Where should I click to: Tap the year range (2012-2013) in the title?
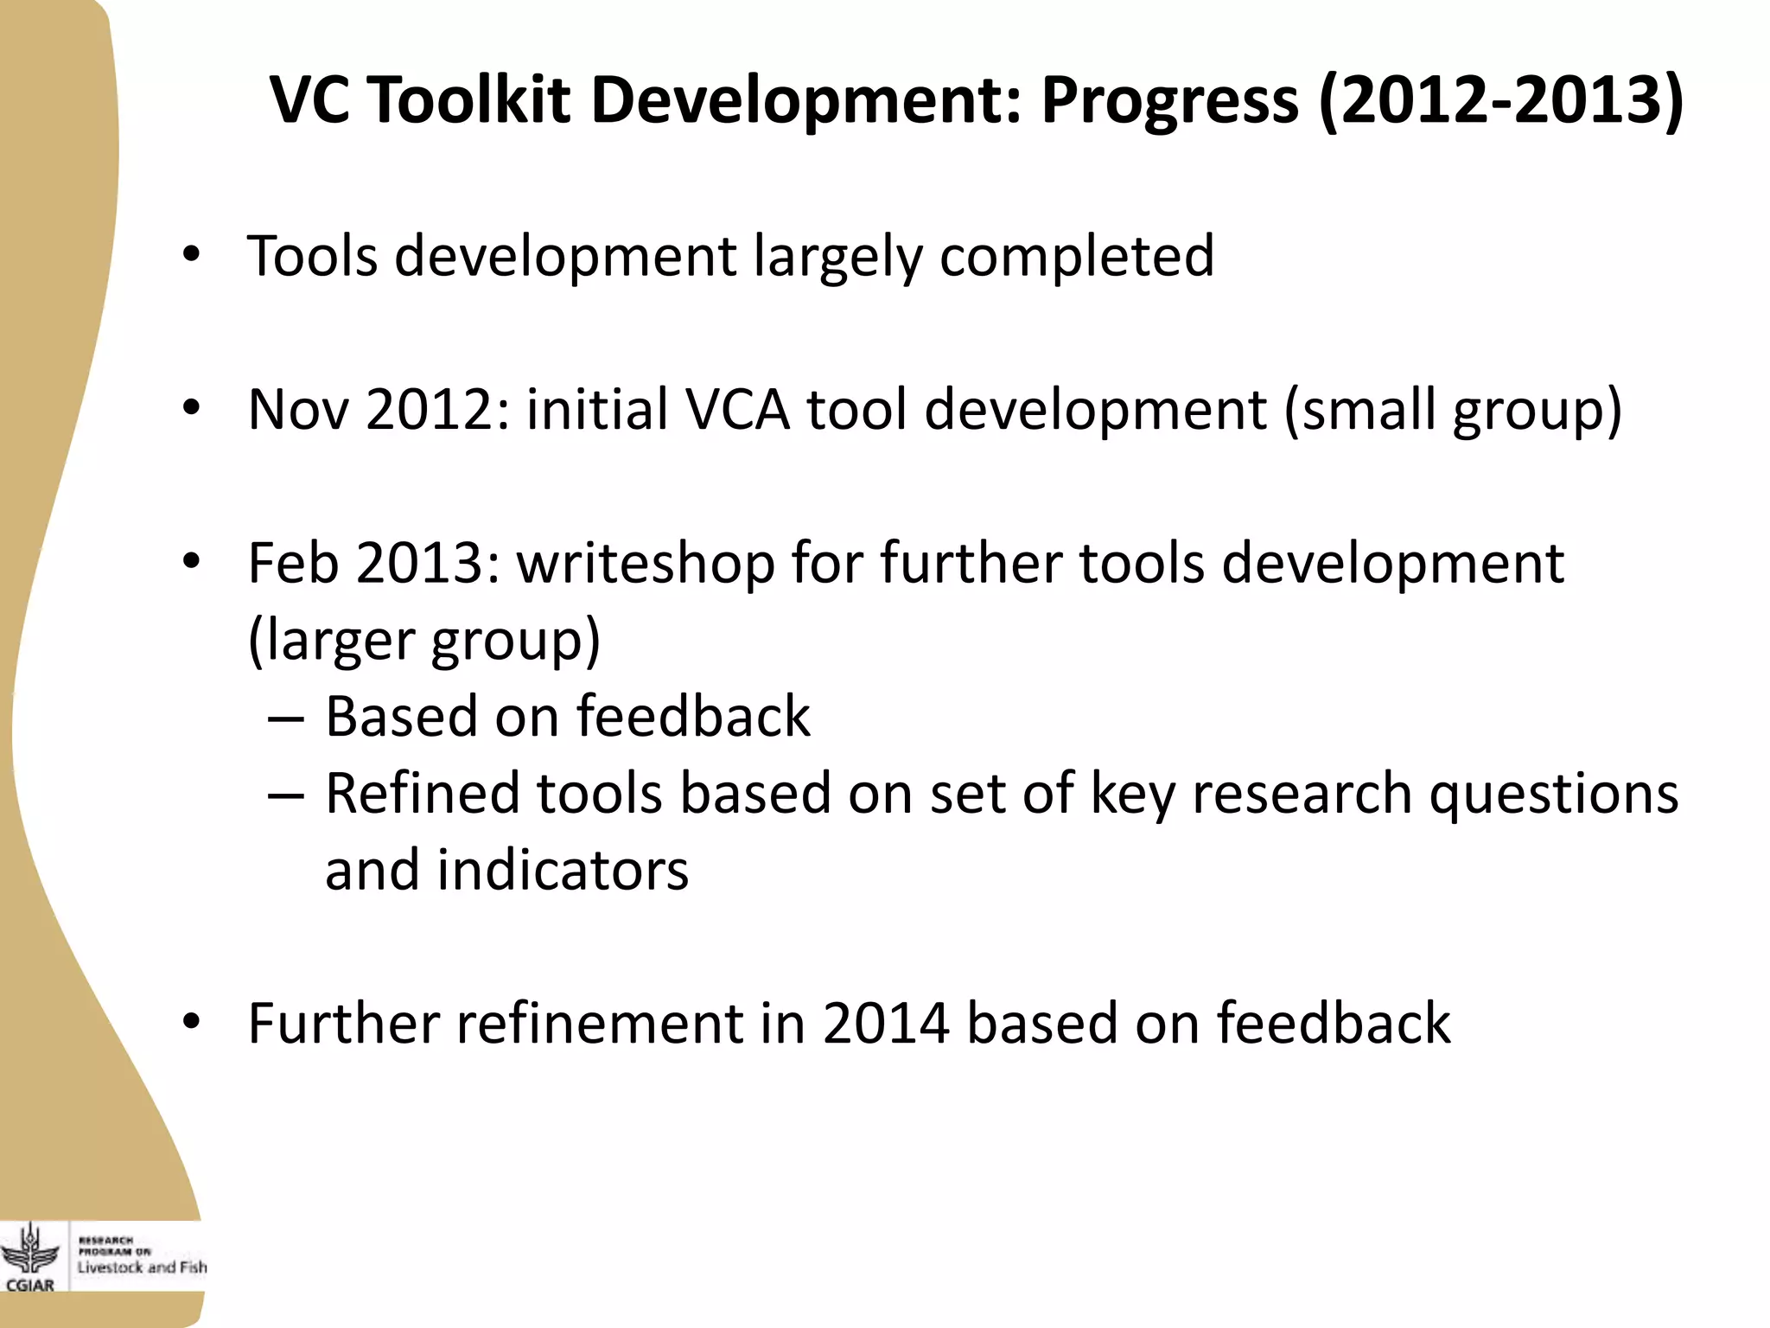(x=1502, y=100)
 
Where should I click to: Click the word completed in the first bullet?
(x=1077, y=258)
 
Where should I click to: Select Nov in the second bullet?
(x=298, y=410)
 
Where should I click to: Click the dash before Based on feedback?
(x=286, y=718)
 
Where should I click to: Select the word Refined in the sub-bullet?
(x=422, y=794)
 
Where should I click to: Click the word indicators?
(x=563, y=871)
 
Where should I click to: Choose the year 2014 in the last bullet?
(x=886, y=1024)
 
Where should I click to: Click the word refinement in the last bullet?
(x=600, y=1024)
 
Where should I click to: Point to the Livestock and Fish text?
(x=143, y=1267)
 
